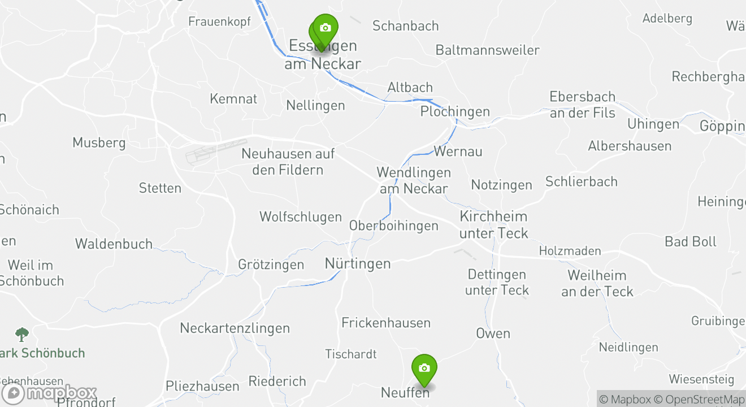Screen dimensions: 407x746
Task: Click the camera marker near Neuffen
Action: pos(424,369)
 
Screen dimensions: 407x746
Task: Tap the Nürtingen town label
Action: pos(358,263)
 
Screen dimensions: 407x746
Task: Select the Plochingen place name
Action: pos(455,111)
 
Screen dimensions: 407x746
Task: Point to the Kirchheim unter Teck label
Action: pos(493,224)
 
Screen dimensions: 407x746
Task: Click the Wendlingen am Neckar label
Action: pos(414,180)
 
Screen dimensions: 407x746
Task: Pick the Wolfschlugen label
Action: pos(301,217)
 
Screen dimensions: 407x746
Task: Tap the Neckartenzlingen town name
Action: pos(235,328)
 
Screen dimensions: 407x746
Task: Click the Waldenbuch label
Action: pos(114,244)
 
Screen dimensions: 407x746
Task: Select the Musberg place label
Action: pos(99,142)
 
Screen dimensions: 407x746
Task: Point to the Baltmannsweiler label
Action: pos(487,50)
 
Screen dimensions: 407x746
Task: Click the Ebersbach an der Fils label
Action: pos(582,105)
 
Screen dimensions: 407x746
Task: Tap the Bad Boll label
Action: pos(690,241)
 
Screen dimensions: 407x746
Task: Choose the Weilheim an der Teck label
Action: pos(597,283)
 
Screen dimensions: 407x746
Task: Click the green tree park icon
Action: pos(22,334)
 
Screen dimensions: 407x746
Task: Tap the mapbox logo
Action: pos(50,393)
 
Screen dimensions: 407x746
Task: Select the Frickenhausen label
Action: pos(386,323)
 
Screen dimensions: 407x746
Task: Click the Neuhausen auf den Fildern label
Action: pos(288,162)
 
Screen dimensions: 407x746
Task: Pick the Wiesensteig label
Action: pos(701,379)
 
